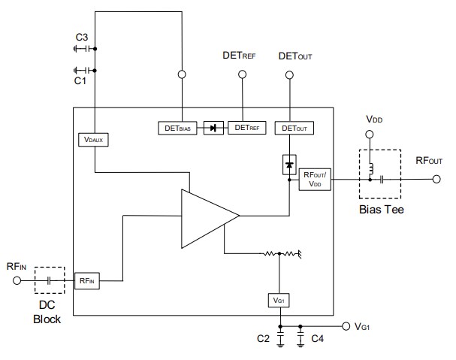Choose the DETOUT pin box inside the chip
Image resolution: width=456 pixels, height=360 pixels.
pyautogui.click(x=294, y=128)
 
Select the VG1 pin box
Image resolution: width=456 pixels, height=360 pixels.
pyautogui.click(x=279, y=300)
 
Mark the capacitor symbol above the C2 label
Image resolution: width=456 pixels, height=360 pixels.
pyautogui.click(x=279, y=339)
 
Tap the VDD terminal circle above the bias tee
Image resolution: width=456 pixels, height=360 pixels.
pyautogui.click(x=368, y=134)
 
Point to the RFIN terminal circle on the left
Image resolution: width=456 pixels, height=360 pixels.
pyautogui.click(x=16, y=280)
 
